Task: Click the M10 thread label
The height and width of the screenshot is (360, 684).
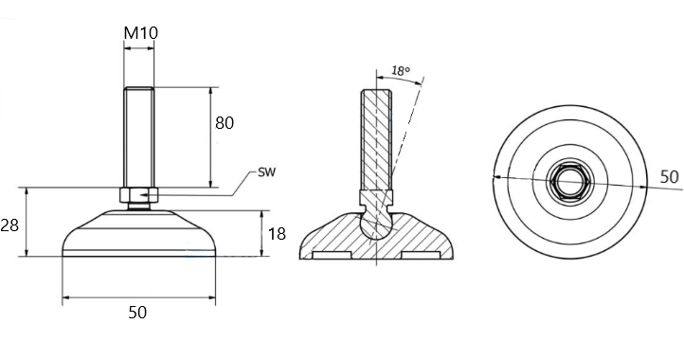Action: coord(140,33)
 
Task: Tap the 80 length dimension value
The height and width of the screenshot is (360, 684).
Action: coord(225,123)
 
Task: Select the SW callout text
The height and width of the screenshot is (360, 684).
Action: coord(267,171)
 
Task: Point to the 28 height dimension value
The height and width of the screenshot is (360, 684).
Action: coord(9,225)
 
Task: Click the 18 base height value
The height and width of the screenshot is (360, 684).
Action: coord(277,234)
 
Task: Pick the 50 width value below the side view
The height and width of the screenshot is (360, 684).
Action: coord(137,313)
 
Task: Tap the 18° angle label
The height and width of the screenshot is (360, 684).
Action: coord(401,71)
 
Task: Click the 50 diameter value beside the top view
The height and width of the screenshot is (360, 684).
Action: coord(669,177)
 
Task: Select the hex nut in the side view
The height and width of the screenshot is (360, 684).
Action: coord(138,194)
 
